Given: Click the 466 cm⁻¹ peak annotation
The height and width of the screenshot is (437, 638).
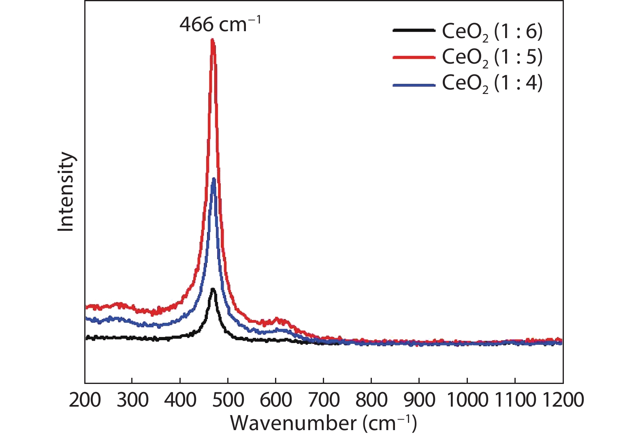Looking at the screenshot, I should (x=220, y=25).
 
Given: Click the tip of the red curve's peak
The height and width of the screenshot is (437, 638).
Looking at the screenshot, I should (x=212, y=40).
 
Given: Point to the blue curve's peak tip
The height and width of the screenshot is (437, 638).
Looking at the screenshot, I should (x=213, y=179).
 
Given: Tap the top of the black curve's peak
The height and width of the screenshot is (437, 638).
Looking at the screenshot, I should (x=213, y=289).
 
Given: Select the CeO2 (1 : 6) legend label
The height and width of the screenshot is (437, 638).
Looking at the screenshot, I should (x=492, y=32).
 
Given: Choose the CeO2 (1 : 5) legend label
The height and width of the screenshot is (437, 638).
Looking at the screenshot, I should (x=492, y=58).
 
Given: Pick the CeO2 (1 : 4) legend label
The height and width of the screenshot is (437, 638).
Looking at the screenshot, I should (x=492, y=83).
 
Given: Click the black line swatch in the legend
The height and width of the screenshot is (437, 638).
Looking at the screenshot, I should (x=414, y=30).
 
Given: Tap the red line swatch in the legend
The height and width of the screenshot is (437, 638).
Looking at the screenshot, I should (x=414, y=58).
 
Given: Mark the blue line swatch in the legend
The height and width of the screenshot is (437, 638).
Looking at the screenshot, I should (x=414, y=85).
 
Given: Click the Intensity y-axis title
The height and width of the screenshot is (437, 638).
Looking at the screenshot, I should (x=66, y=192).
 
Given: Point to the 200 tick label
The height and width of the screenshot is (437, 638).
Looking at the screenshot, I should (x=85, y=400).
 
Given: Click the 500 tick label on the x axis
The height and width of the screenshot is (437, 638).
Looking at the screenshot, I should (x=228, y=400).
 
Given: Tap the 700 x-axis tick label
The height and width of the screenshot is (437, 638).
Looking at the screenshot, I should (x=323, y=400).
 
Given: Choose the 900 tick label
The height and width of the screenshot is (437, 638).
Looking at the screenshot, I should (x=419, y=400).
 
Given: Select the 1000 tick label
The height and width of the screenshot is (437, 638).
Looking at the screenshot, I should (x=467, y=400).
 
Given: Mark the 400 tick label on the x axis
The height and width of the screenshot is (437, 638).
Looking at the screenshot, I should (x=180, y=400).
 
